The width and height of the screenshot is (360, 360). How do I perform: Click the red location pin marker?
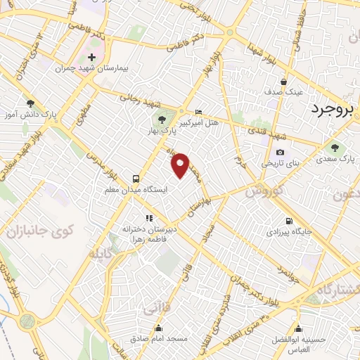point(181,163)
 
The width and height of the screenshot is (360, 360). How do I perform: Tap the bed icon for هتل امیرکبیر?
point(198,112)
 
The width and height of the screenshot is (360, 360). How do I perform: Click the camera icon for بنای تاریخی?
point(281,153)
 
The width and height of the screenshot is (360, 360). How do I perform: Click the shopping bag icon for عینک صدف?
point(283,81)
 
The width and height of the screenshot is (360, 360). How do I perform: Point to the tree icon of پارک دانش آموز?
point(29,102)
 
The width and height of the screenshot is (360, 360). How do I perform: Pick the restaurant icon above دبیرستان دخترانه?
point(148,218)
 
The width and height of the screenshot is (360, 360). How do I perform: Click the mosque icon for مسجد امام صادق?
point(160,328)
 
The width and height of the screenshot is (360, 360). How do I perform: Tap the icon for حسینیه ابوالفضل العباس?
point(300,328)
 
